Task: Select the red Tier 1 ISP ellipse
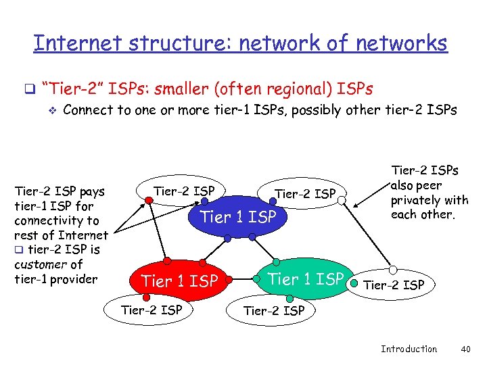point(179,281)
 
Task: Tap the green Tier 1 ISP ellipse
point(306,278)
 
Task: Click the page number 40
point(464,349)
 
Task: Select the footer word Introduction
point(409,349)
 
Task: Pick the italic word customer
point(39,264)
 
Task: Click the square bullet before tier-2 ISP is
point(18,250)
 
